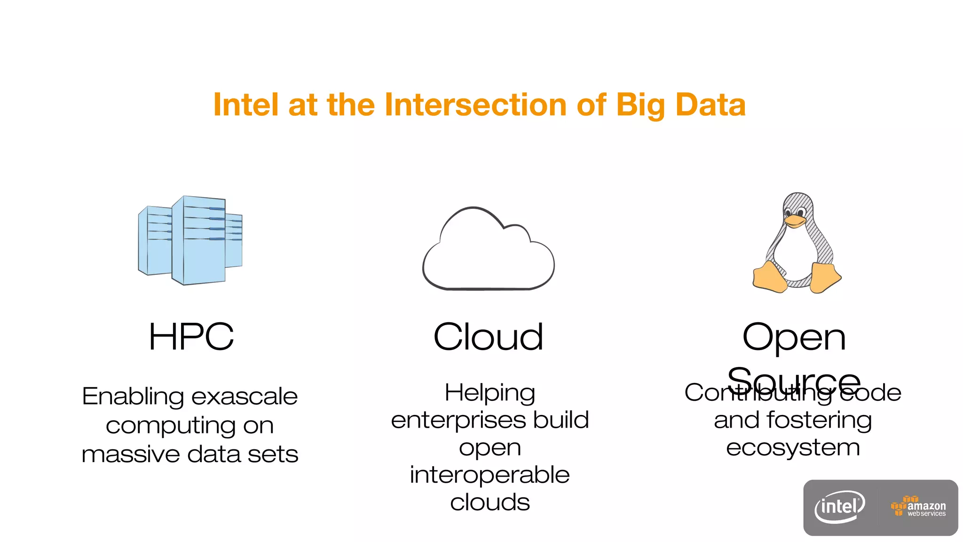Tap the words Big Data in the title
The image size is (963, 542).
(x=680, y=104)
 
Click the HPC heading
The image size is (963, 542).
(x=191, y=337)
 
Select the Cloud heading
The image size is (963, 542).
(x=488, y=337)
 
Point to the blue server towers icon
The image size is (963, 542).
(x=190, y=240)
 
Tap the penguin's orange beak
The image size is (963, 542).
(x=795, y=221)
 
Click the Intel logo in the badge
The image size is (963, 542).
(x=840, y=507)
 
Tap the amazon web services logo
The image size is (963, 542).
(x=918, y=507)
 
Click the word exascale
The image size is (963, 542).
(x=245, y=396)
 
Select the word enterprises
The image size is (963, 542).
(x=458, y=420)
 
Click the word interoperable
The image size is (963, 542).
(x=489, y=474)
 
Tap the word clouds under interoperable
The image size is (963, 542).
(x=489, y=502)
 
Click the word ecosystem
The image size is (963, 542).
(x=793, y=447)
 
